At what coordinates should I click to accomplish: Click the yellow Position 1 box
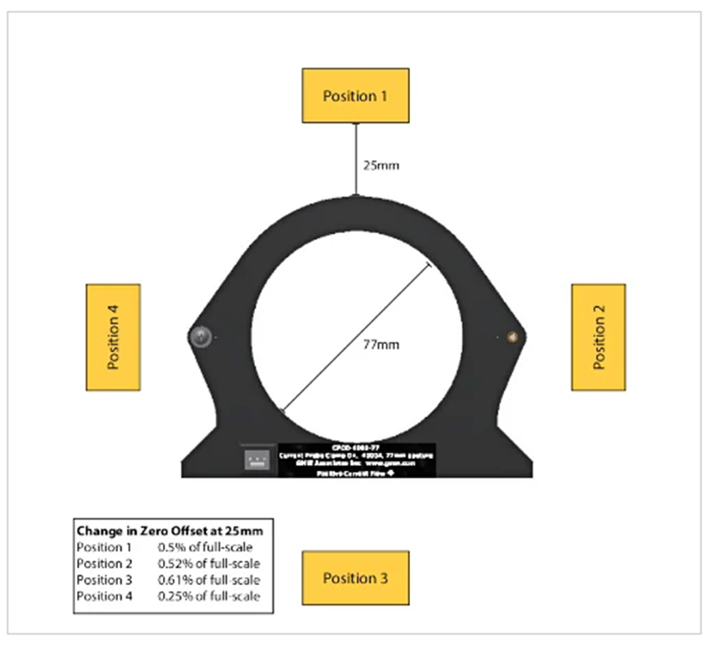[355, 96]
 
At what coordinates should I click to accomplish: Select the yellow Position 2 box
[598, 337]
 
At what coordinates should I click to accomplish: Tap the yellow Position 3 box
[355, 578]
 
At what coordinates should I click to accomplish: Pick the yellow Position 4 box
[112, 337]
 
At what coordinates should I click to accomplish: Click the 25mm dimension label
[377, 165]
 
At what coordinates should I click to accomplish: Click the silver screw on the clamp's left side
[201, 336]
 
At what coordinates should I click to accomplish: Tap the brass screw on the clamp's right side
[511, 336]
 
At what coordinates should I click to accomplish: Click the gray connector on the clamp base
[257, 459]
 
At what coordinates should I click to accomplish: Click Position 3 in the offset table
[104, 580]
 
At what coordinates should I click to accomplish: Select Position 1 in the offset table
[104, 547]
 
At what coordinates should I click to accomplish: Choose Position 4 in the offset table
[104, 596]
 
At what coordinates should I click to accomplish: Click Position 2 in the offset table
[104, 563]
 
